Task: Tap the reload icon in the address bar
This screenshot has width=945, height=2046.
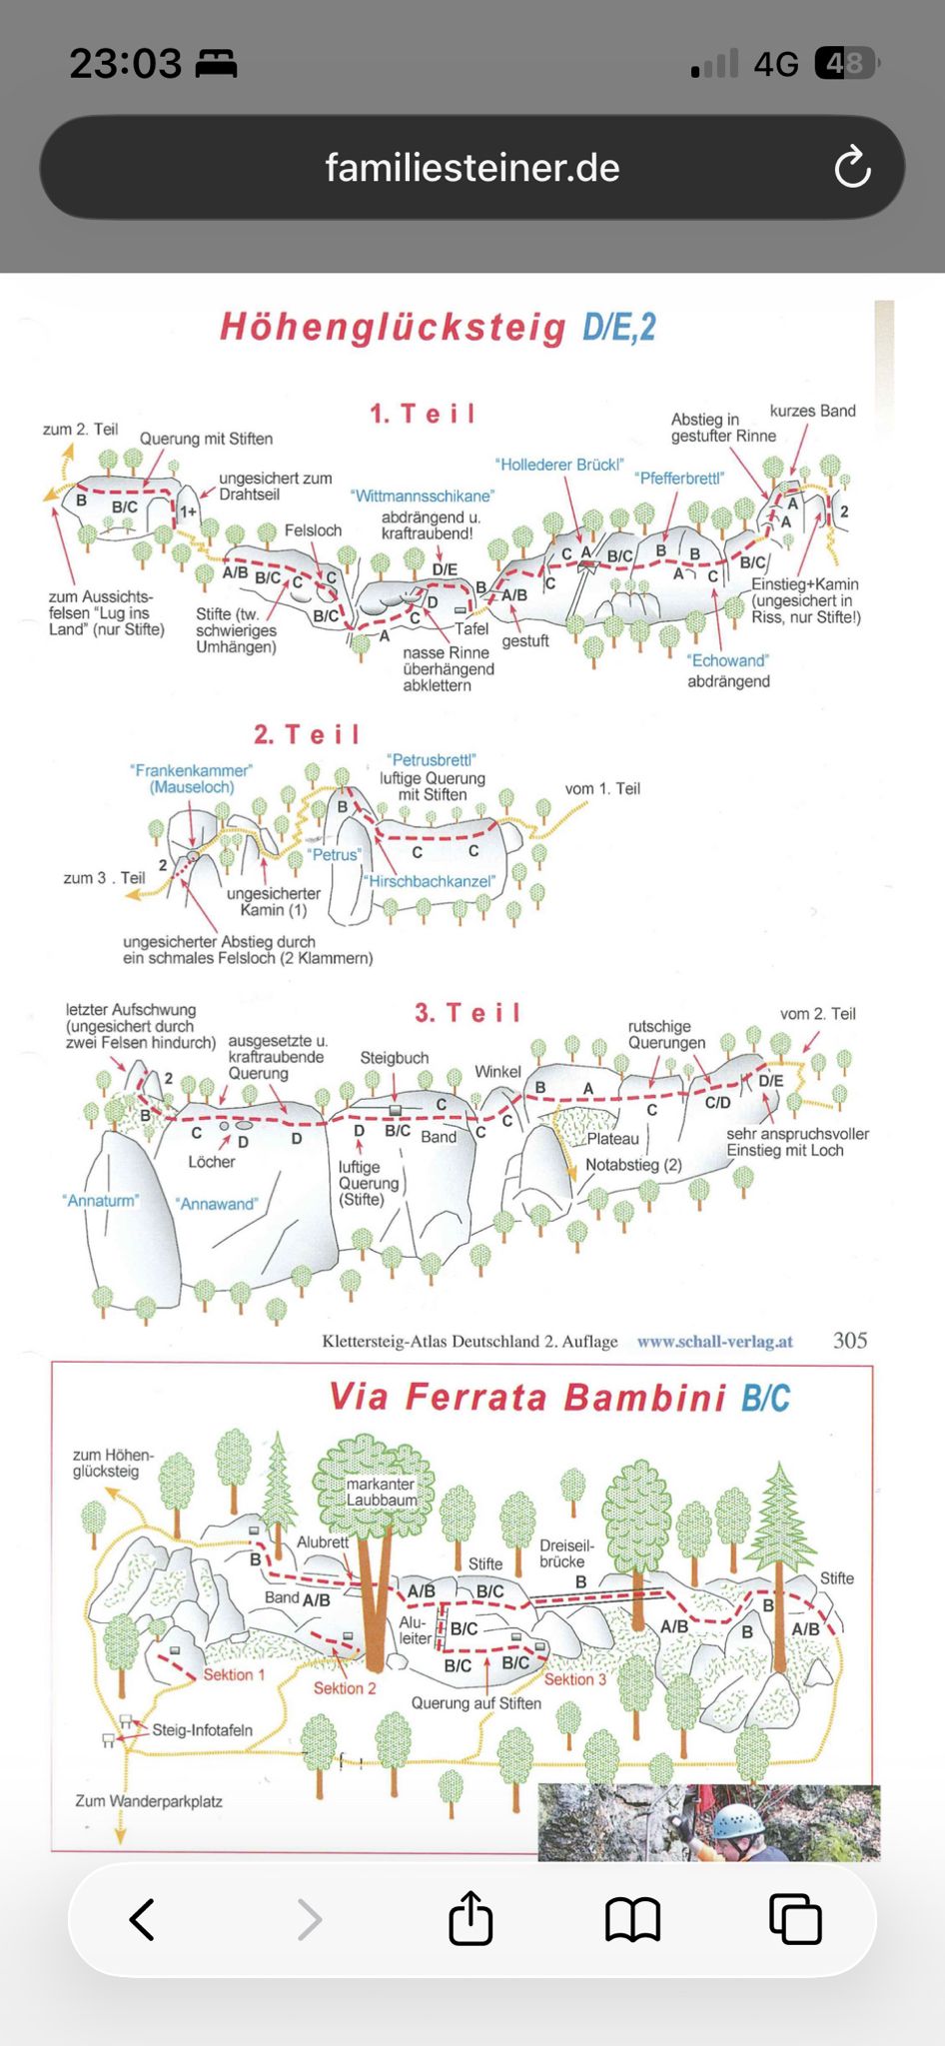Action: (853, 167)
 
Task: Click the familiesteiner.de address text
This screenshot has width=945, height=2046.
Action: (472, 167)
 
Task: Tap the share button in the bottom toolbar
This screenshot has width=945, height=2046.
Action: (471, 1918)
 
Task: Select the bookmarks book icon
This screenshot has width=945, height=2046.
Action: (632, 1919)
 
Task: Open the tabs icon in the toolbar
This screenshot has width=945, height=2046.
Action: (795, 1919)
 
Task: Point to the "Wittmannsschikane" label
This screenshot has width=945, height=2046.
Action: (423, 496)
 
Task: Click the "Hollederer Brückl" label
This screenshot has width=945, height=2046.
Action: (559, 465)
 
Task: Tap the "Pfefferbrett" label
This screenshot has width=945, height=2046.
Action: (679, 478)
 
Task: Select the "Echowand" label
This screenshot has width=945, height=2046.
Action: (727, 660)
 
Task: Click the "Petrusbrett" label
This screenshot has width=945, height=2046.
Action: (432, 760)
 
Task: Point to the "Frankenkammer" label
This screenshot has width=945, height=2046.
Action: (191, 770)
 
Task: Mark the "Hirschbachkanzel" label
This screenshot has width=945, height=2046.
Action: (430, 881)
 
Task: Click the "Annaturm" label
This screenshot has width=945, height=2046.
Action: (100, 1200)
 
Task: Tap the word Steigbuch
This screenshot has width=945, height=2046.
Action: (395, 1058)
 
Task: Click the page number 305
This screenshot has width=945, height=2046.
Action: (850, 1341)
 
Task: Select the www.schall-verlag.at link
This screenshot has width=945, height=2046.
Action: (715, 1342)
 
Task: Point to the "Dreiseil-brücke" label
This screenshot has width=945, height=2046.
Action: (566, 1553)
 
